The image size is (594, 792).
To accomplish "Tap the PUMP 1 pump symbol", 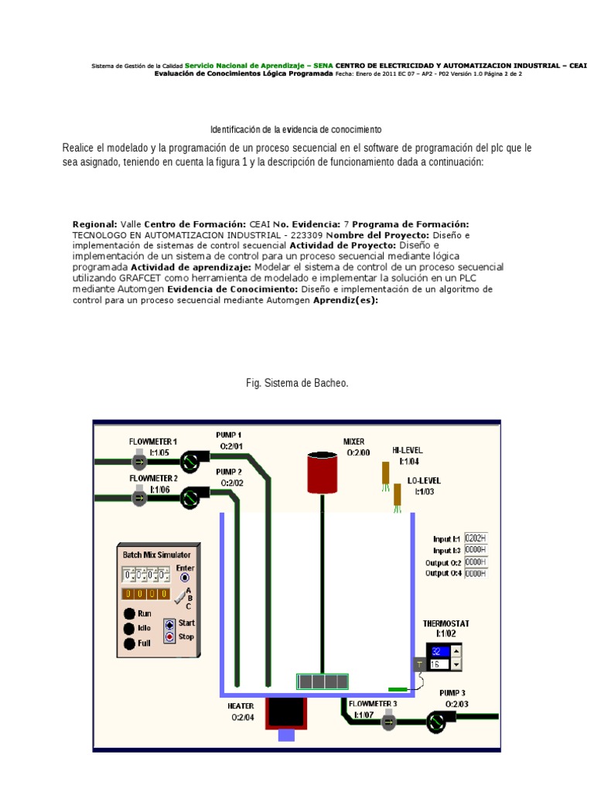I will click(189, 463).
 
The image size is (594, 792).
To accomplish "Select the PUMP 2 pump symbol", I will click(189, 499).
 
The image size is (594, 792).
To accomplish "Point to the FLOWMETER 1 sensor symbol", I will click(139, 463).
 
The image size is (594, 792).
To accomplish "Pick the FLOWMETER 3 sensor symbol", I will click(389, 722).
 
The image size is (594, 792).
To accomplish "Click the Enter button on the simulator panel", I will click(184, 577).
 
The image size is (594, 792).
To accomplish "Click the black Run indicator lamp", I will click(129, 614).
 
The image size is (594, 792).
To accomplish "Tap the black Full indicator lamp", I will click(129, 643).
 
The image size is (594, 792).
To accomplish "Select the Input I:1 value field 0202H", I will click(476, 538).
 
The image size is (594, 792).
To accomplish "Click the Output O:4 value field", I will click(476, 573).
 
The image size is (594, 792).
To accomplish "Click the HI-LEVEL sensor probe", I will click(385, 474).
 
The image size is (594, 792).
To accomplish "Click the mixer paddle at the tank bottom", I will click(323, 681).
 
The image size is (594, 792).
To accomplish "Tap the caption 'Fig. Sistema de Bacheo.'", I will click(297, 383).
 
